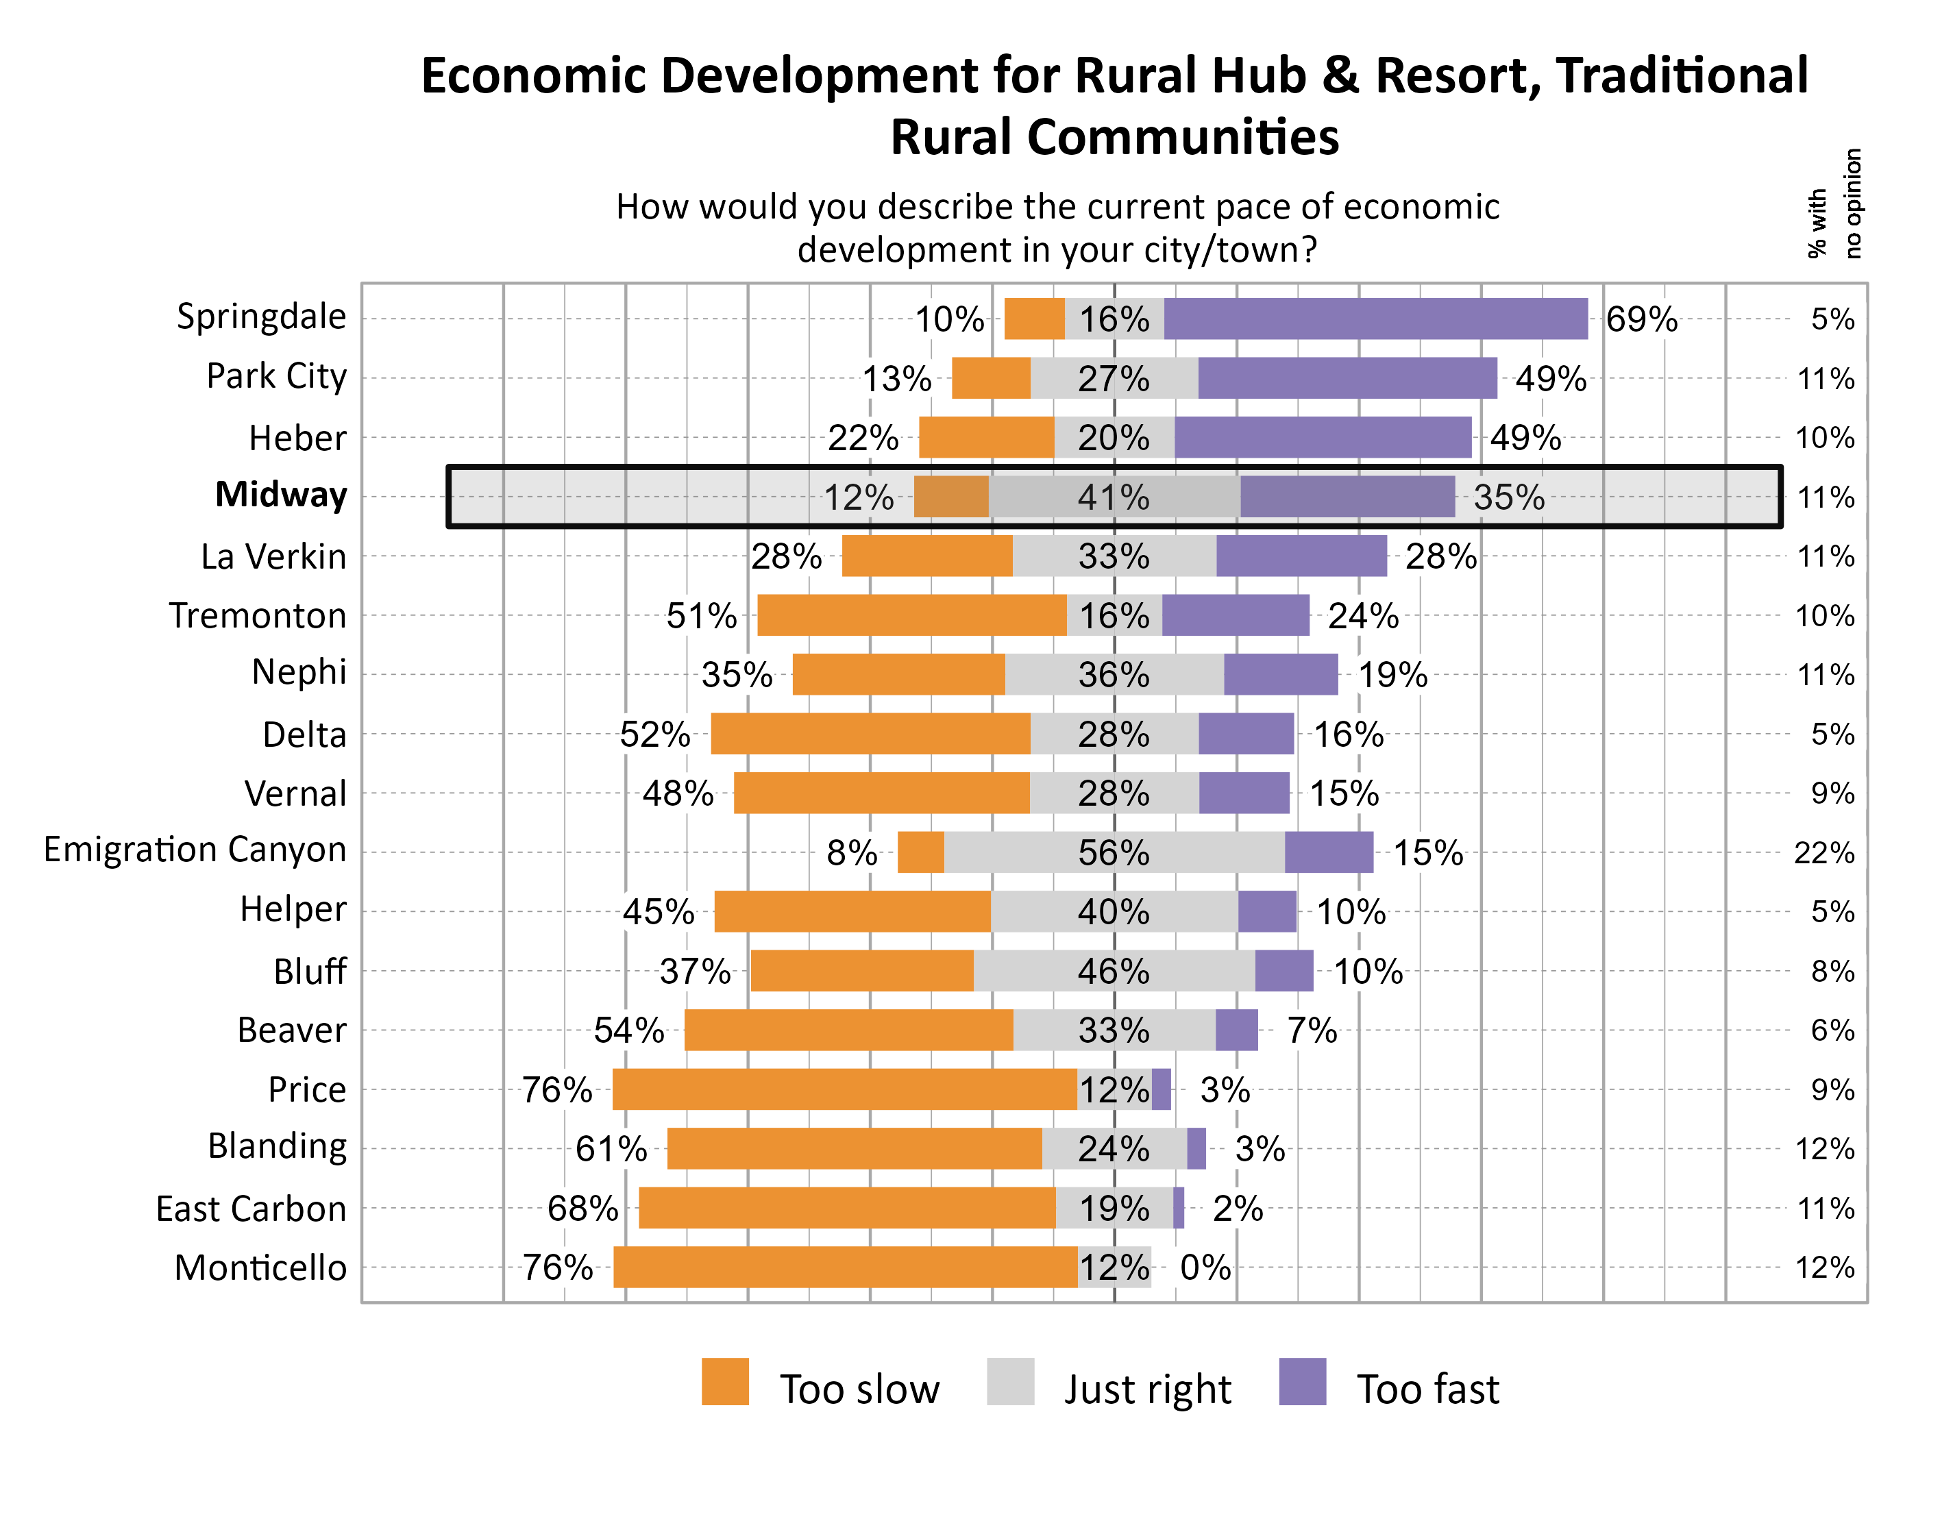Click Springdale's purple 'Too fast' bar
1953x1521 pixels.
pos(1375,319)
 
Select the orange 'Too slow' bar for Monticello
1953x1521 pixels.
pos(845,1267)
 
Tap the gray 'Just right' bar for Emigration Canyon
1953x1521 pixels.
pos(1114,852)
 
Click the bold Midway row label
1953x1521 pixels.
pos(281,495)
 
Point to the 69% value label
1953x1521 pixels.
pos(1641,319)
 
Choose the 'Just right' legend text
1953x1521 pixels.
pos(1147,1389)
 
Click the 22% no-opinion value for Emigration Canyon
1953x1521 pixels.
pos(1824,853)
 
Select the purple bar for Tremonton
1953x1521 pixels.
pos(1235,615)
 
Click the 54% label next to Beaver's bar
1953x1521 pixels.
pos(628,1030)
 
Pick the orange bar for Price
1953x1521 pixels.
pos(844,1089)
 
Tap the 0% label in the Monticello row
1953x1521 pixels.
pos(1205,1267)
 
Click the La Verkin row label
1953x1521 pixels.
pos(273,556)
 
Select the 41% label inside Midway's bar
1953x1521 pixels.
pos(1114,497)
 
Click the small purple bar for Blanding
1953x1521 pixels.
pos(1196,1149)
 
